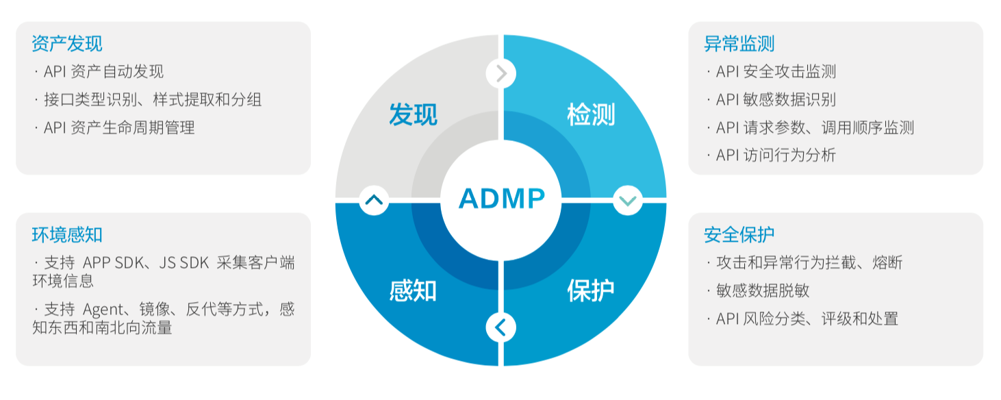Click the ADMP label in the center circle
click(501, 199)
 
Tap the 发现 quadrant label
click(413, 114)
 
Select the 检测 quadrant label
click(591, 114)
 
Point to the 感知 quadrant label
click(413, 290)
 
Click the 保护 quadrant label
click(591, 290)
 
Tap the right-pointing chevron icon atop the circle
click(501, 73)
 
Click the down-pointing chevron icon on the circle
click(627, 201)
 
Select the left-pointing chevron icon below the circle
click(501, 327)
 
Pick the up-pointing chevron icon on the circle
click(374, 201)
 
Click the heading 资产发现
click(67, 44)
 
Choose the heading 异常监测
click(739, 44)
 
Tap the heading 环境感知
click(67, 235)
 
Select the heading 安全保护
click(739, 235)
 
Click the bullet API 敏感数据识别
click(776, 100)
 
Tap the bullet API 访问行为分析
click(776, 155)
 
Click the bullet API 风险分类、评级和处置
click(807, 318)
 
